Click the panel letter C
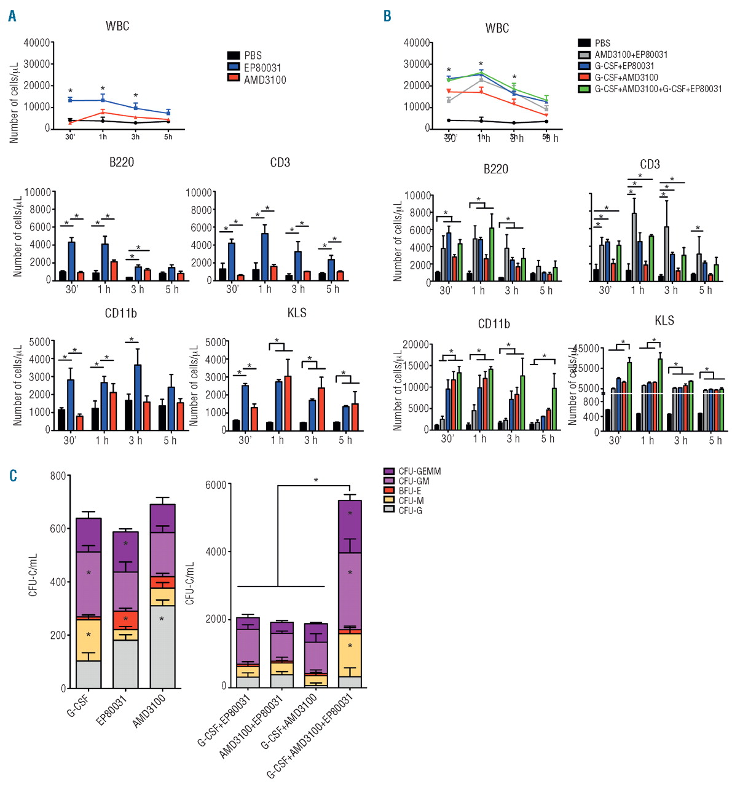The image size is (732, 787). [x=13, y=476]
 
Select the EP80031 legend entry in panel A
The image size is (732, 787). [x=262, y=68]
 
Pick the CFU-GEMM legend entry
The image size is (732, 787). [x=419, y=472]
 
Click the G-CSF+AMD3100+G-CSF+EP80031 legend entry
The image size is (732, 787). [x=658, y=89]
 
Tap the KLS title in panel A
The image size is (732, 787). [x=297, y=313]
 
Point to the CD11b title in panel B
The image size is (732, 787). [x=494, y=324]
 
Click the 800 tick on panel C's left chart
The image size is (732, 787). [x=58, y=476]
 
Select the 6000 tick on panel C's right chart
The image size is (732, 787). [x=215, y=484]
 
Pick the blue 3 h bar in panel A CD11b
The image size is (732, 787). [x=138, y=397]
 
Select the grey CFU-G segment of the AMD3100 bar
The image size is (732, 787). [x=162, y=647]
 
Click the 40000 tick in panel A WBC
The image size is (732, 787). [x=37, y=42]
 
